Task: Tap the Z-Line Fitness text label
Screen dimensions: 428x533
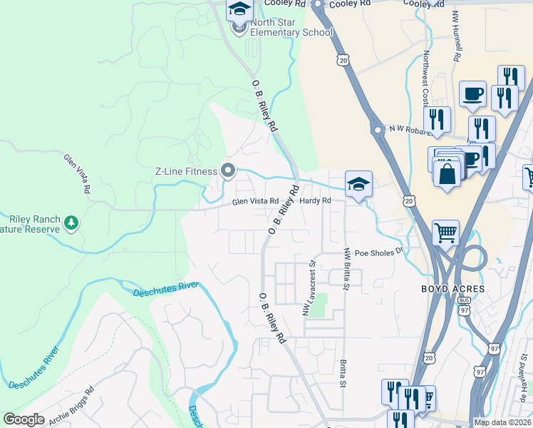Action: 187,170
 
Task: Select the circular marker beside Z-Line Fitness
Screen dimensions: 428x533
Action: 228,170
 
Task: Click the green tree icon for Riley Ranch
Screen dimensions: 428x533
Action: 71,223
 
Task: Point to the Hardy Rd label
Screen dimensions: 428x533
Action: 315,201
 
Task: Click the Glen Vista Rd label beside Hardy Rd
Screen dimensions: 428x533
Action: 254,202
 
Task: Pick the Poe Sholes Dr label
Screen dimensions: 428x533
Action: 379,252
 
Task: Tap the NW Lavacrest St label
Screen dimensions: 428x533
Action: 309,287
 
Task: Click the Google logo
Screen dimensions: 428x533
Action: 24,419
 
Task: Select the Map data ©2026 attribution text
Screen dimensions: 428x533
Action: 502,422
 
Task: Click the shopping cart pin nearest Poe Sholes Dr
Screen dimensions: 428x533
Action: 445,231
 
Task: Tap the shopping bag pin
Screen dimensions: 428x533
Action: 447,173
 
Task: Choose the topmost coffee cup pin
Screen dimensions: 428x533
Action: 472,93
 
